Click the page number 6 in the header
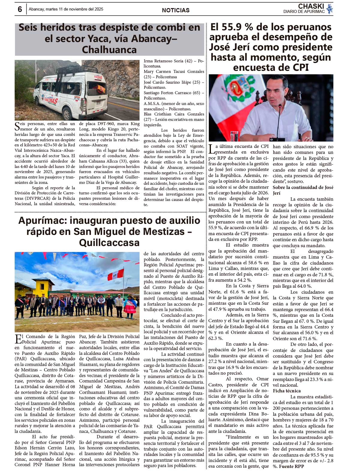coord(20,10)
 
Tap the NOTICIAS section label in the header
coord(175,10)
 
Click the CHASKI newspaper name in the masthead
coord(311,6)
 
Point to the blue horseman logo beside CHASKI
coord(329,9)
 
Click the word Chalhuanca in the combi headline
coord(109,49)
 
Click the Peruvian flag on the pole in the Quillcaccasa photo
coord(116,274)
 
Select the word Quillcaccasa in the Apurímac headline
coord(109,242)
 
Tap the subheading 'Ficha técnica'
coord(286,391)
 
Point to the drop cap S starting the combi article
coord(17,126)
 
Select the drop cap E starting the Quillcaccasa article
coord(18,339)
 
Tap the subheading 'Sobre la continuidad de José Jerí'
coord(303,190)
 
